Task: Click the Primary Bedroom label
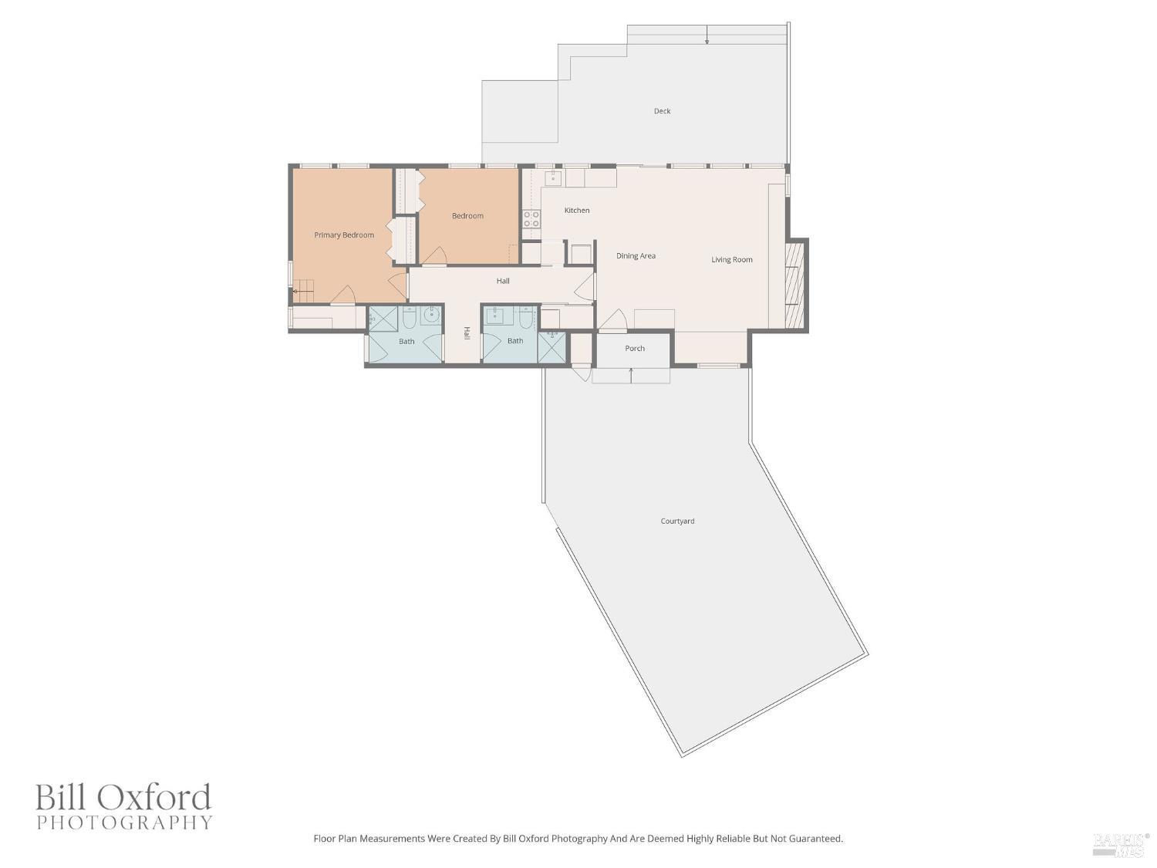pos(344,235)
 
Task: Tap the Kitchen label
pos(577,211)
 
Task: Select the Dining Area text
pos(636,256)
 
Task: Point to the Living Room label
pos(731,260)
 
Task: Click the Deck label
pos(662,111)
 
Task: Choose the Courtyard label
pos(677,522)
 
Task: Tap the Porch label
pos(635,349)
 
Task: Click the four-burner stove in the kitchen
pos(531,218)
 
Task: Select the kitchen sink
pos(553,178)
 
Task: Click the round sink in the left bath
pos(431,315)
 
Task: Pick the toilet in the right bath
pos(525,316)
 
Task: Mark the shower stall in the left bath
pos(383,319)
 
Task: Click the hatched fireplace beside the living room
pos(794,284)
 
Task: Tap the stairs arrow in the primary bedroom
pos(296,292)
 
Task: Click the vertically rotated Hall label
pos(467,333)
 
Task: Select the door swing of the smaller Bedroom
pos(437,256)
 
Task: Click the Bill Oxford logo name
pos(123,797)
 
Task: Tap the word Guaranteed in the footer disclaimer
pos(816,839)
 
